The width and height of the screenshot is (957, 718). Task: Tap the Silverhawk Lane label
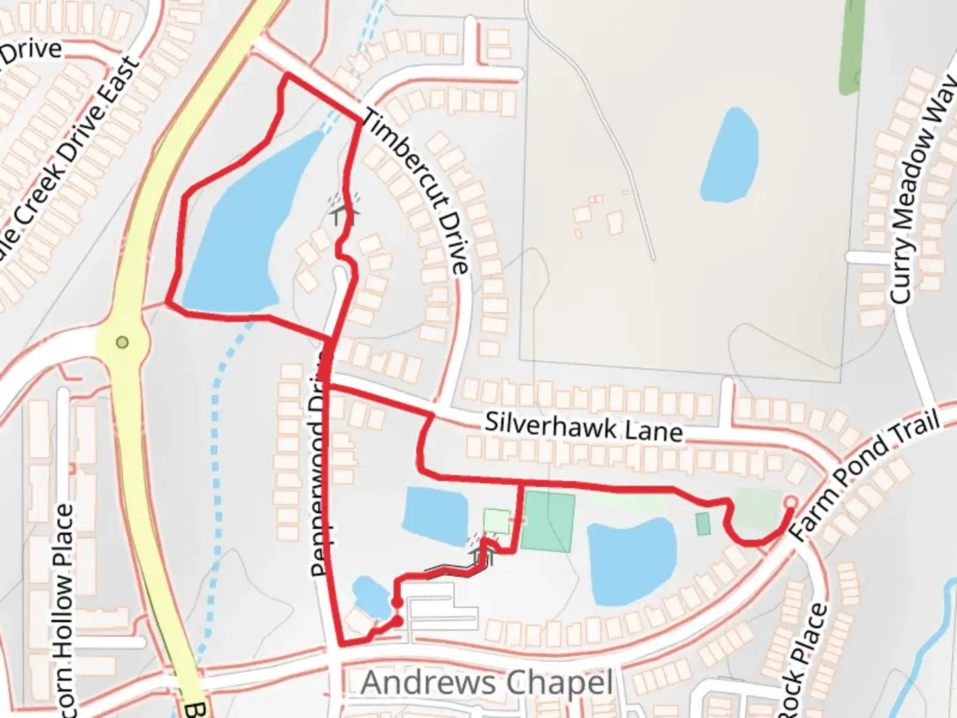point(584,427)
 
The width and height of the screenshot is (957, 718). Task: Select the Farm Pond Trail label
point(865,474)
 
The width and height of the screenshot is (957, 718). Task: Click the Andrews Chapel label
point(486,683)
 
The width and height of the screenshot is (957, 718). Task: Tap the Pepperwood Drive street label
point(320,465)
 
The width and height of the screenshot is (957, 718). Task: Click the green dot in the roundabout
point(122,342)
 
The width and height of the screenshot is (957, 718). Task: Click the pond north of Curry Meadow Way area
point(730,156)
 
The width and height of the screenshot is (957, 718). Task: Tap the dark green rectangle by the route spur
point(548,522)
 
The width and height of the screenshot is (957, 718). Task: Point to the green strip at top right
point(851,47)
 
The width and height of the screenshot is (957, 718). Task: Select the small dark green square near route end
point(702,524)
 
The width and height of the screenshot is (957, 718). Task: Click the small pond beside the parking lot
point(369,596)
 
